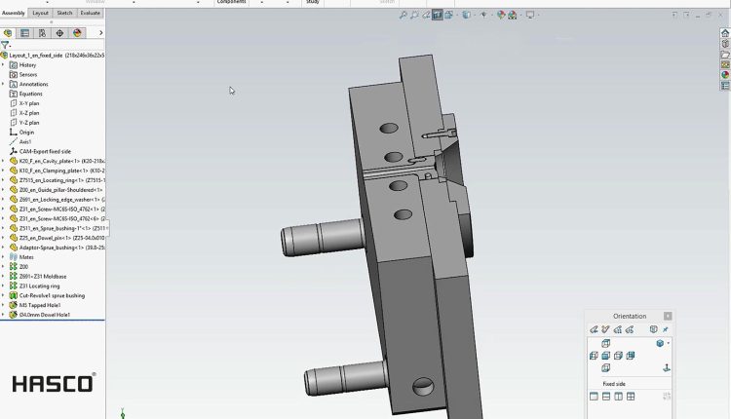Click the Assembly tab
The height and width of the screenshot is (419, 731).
pos(15,14)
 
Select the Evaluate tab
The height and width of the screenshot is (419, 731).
pos(90,14)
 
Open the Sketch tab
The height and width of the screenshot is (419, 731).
pos(64,14)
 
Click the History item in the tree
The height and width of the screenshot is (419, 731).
pos(27,64)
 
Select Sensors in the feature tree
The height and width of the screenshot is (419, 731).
pos(28,74)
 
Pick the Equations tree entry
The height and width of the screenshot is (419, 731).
pos(30,94)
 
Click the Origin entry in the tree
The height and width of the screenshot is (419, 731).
pos(26,132)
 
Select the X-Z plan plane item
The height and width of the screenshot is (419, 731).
pos(29,113)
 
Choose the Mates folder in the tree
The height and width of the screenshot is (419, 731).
pos(26,256)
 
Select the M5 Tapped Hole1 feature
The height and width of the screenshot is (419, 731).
pos(40,305)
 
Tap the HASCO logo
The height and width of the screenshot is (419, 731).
pos(53,382)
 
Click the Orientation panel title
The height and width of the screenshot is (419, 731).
pos(629,316)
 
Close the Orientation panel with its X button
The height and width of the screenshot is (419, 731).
pos(668,316)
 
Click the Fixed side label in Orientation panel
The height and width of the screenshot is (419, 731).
pos(614,384)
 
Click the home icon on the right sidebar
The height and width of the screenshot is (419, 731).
pos(725,32)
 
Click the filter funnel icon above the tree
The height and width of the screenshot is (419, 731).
pos(6,45)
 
